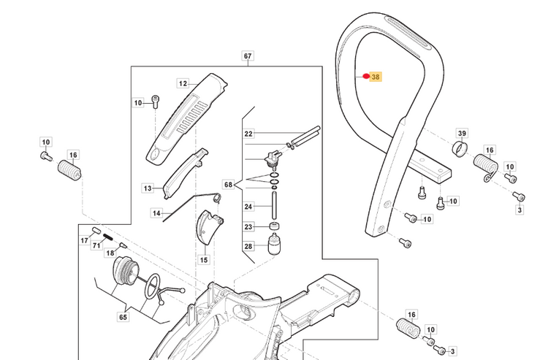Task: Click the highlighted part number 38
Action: [376, 77]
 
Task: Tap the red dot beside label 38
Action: [367, 77]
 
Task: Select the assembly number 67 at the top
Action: [247, 55]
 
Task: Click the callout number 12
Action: [183, 84]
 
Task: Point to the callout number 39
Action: [462, 133]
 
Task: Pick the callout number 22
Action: [248, 134]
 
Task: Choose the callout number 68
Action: [229, 185]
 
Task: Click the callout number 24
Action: [248, 207]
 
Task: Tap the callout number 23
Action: [248, 226]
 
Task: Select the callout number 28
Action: [248, 246]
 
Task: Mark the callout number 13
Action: [148, 188]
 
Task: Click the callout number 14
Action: [156, 213]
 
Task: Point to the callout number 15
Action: [203, 259]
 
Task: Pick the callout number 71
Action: [96, 246]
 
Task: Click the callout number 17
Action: [85, 240]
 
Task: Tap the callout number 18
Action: [110, 253]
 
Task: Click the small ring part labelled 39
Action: [460, 151]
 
